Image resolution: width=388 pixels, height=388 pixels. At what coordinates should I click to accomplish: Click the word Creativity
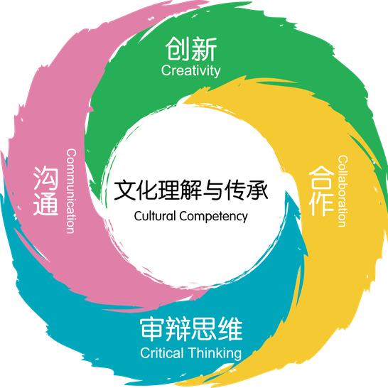(x=190, y=71)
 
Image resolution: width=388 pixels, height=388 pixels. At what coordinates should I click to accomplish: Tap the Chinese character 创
(x=178, y=49)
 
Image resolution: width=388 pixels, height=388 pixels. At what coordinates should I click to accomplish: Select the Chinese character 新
(x=205, y=49)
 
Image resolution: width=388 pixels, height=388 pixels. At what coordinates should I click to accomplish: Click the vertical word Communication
(x=71, y=191)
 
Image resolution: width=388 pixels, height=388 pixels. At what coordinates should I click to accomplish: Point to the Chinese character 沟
(x=46, y=178)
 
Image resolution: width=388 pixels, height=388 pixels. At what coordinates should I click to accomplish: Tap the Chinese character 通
(x=46, y=204)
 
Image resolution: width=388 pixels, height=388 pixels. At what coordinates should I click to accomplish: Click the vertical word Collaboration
(x=343, y=191)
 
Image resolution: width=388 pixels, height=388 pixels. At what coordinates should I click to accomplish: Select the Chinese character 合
(x=321, y=178)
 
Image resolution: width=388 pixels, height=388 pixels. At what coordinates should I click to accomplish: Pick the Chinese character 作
(x=321, y=204)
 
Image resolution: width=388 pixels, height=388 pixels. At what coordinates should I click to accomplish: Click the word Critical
(x=162, y=353)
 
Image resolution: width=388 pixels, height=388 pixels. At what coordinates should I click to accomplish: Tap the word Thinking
(x=215, y=354)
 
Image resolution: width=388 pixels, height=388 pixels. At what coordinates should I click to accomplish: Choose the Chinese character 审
(x=152, y=330)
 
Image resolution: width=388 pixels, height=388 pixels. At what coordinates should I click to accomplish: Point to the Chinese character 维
(x=230, y=330)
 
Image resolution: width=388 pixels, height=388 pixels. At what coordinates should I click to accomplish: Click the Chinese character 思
(x=204, y=330)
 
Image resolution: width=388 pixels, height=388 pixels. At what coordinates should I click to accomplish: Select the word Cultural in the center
(x=155, y=216)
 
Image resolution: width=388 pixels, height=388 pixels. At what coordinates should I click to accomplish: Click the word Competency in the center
(x=214, y=217)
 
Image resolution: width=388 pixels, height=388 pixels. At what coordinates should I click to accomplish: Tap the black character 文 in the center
(x=124, y=190)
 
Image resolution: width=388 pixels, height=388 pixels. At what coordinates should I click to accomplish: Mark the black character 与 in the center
(x=212, y=190)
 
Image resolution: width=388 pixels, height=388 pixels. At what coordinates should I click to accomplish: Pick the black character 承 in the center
(x=257, y=190)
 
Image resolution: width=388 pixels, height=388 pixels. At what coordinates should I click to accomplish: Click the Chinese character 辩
(x=178, y=330)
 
